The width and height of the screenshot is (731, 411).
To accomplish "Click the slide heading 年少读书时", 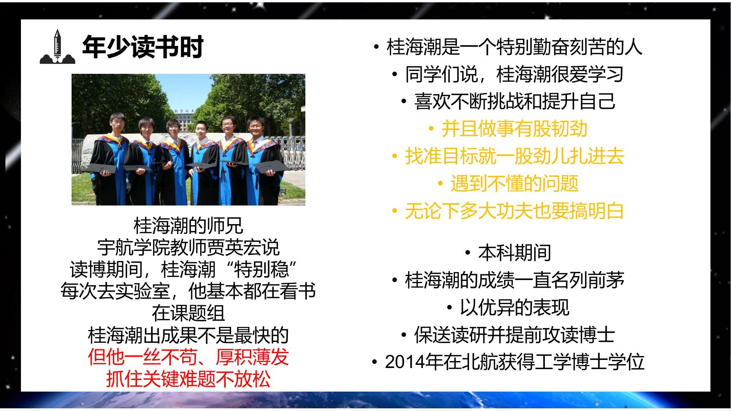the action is pos(143,47).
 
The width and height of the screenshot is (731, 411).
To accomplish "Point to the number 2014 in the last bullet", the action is pos(404,362).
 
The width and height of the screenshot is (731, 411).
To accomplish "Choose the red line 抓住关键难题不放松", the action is pos(188,379).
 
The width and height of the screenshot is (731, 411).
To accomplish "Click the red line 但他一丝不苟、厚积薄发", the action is pos(188,357).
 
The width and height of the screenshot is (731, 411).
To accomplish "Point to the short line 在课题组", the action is pos(188,313).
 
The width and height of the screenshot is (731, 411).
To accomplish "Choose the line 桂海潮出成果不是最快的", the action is pos(188,335).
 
